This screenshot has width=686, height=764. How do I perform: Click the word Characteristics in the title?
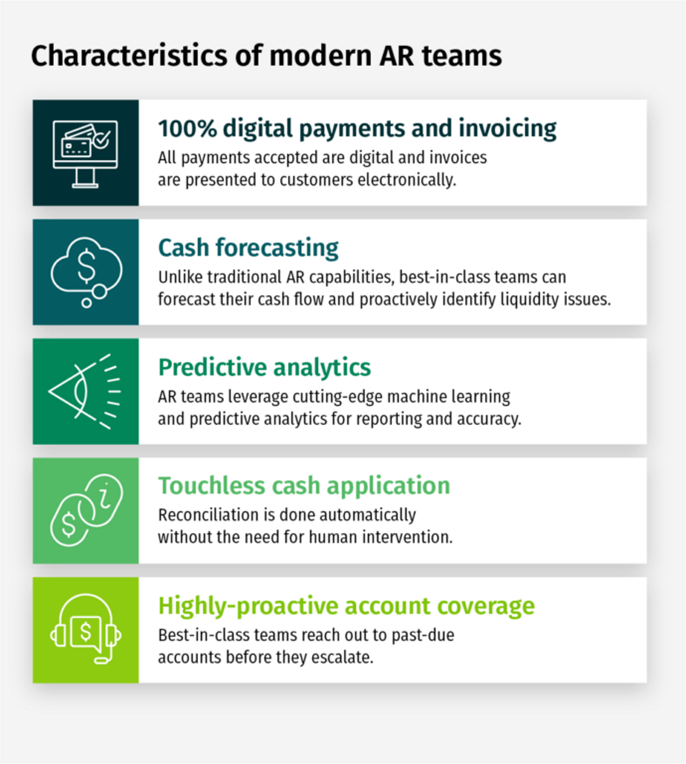pyautogui.click(x=129, y=55)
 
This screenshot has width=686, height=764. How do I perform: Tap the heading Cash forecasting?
pyautogui.click(x=248, y=248)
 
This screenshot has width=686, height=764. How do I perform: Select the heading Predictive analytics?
pyautogui.click(x=265, y=367)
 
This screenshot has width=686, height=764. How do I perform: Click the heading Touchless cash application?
pyautogui.click(x=304, y=486)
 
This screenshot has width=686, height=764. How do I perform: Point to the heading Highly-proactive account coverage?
pyautogui.click(x=346, y=606)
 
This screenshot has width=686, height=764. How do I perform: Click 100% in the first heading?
pyautogui.click(x=188, y=129)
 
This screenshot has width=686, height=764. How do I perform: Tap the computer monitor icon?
pyautogui.click(x=85, y=154)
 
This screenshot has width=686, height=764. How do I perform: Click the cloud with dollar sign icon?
pyautogui.click(x=86, y=272)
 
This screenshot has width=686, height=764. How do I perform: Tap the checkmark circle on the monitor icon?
pyautogui.click(x=102, y=139)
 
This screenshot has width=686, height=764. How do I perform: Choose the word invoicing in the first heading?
pyautogui.click(x=508, y=129)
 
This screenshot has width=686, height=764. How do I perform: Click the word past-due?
pyautogui.click(x=423, y=635)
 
